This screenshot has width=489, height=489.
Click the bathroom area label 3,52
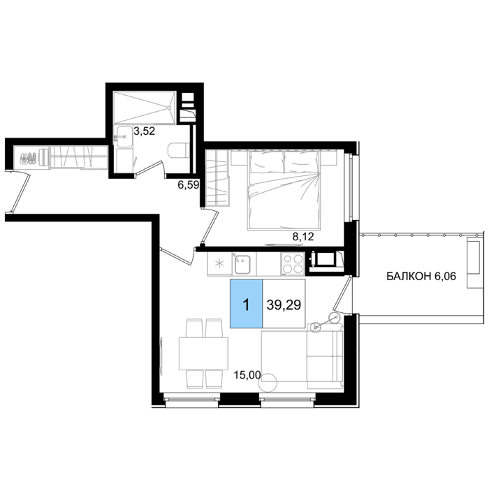144,131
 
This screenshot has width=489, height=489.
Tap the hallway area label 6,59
189,185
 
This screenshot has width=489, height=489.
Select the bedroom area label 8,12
302,237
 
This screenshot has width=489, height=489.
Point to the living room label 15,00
247,375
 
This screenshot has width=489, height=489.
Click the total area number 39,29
284,305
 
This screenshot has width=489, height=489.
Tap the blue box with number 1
247,304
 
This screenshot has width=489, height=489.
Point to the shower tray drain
170,108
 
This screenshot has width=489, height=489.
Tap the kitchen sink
242,265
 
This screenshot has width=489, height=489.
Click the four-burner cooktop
293,264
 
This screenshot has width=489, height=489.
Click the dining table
203,353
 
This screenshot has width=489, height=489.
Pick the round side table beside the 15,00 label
268,382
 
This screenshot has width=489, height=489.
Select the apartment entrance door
20,194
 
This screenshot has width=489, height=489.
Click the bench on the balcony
474,262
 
